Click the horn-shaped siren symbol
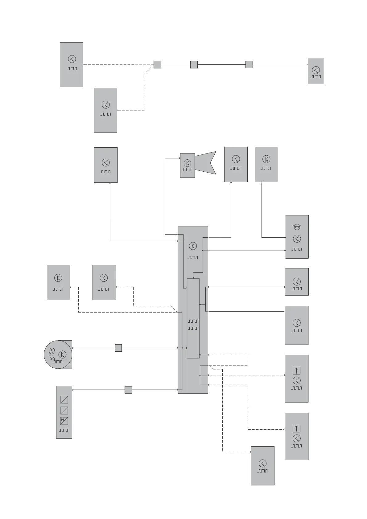click(205, 162)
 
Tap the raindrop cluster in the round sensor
click(52, 354)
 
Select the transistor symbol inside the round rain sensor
click(62, 354)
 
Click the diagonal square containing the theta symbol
click(64, 421)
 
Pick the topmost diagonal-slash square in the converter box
click(64, 400)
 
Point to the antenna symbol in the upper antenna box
click(296, 370)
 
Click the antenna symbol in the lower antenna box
click(296, 428)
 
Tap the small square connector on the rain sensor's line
click(118, 348)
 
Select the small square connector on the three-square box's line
click(128, 390)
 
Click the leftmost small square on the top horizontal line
click(157, 65)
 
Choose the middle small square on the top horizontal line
click(194, 65)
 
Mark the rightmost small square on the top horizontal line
click(249, 64)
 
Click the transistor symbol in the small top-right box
click(316, 70)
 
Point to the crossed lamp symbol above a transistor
click(297, 227)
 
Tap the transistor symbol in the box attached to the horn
click(187, 163)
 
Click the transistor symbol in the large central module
click(193, 246)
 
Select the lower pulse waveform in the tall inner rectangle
click(193, 329)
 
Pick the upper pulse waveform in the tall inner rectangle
click(193, 321)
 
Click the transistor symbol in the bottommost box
click(262, 463)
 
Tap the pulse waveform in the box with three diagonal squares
click(64, 430)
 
